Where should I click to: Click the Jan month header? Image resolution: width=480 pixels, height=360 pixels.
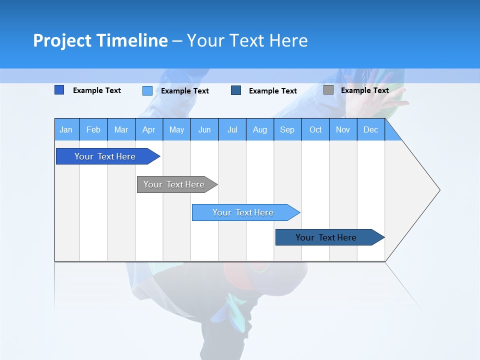[66, 129]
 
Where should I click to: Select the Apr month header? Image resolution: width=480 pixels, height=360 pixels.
[149, 129]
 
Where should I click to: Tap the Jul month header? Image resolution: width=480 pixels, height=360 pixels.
[232, 129]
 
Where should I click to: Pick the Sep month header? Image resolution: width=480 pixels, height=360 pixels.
[287, 129]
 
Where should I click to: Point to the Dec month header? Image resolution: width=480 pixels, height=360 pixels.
[370, 129]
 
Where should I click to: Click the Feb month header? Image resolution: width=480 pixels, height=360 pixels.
[93, 129]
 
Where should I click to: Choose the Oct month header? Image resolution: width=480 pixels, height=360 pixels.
[315, 129]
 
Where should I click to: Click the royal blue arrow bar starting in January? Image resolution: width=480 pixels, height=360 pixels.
[105, 156]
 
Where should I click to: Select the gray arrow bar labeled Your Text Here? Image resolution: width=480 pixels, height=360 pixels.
[174, 184]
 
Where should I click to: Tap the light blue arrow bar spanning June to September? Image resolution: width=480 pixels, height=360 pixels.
[243, 212]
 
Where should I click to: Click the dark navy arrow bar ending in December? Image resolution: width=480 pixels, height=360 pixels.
[326, 237]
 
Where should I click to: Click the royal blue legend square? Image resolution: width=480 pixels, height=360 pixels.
[59, 90]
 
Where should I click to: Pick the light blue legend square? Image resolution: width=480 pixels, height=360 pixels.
[147, 90]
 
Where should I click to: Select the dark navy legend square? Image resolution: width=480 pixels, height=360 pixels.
[236, 90]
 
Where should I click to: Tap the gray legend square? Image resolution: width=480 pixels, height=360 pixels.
[328, 90]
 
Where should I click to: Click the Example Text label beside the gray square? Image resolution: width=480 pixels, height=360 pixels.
[364, 90]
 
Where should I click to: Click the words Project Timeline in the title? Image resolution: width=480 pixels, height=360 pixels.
[100, 40]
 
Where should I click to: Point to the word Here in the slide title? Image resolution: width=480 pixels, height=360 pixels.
[288, 40]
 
